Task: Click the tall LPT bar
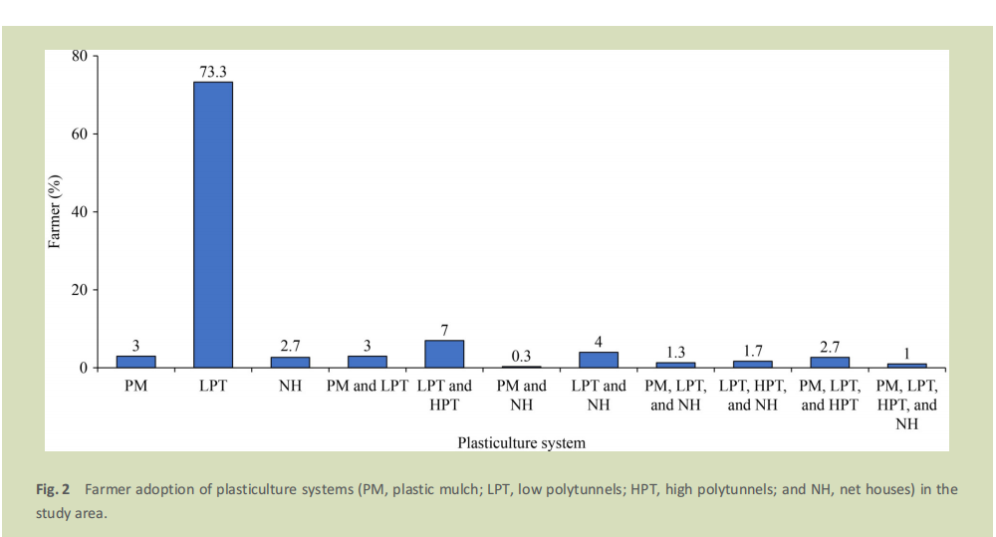click(212, 224)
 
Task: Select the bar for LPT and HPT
click(444, 354)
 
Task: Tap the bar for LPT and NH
click(599, 360)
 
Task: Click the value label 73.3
click(212, 70)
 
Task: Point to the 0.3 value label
click(521, 356)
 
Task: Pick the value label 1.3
click(675, 352)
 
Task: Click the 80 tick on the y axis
click(80, 56)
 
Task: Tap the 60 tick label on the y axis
click(80, 134)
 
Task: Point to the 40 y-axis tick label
click(80, 212)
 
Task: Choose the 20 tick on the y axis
click(80, 290)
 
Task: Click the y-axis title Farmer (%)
click(55, 212)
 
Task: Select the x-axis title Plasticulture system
click(521, 441)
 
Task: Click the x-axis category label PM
click(135, 386)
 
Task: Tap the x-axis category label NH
click(290, 386)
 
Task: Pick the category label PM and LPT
click(367, 386)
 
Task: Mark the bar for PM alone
click(135, 362)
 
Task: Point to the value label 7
click(444, 330)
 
